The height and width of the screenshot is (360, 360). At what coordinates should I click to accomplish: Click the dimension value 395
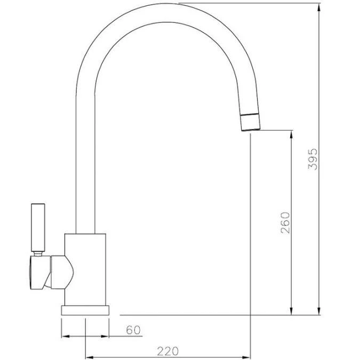313,159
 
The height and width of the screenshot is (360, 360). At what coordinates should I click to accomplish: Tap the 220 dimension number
167,351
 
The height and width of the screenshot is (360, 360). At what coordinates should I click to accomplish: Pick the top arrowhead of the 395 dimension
319,7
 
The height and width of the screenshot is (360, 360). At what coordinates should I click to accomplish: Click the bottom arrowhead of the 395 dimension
319,311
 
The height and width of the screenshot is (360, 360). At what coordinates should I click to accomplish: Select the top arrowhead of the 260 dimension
291,133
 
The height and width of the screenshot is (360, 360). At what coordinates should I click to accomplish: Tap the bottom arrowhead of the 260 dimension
291,311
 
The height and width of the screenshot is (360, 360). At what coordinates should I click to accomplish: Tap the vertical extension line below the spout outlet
250,240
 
